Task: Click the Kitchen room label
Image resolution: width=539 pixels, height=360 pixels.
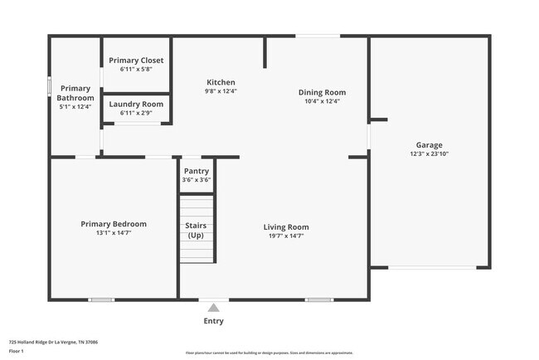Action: click(221, 82)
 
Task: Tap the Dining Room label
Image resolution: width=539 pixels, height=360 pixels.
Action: click(322, 92)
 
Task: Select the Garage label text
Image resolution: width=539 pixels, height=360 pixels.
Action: click(429, 144)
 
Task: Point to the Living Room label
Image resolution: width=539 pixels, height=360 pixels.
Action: click(286, 226)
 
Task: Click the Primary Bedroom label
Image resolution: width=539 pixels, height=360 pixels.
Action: click(114, 223)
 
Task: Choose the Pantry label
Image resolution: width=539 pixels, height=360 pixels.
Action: click(197, 171)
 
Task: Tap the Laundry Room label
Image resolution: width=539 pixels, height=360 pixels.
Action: click(137, 104)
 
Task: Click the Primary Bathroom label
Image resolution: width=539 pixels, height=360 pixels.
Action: click(75, 93)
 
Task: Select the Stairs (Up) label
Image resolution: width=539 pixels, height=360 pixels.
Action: click(196, 230)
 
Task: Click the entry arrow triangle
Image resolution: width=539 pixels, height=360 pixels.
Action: click(213, 307)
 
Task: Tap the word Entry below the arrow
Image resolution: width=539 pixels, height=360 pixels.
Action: click(213, 321)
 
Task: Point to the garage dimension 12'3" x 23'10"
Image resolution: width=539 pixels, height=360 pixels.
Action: click(429, 153)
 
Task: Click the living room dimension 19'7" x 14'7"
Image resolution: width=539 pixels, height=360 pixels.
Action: click(286, 236)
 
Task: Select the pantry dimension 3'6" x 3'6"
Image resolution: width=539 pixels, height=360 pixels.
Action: click(197, 179)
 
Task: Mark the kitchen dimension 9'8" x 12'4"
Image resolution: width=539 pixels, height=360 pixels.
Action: click(221, 91)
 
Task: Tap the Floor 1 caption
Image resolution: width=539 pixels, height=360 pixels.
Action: click(17, 351)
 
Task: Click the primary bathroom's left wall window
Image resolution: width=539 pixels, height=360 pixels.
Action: click(50, 85)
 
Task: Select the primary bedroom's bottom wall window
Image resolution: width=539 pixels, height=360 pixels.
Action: click(101, 299)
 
